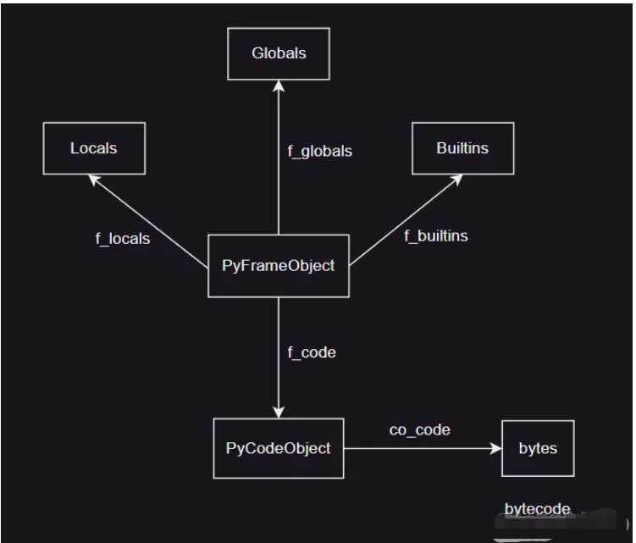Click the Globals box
pyautogui.click(x=279, y=53)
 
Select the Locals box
pyautogui.click(x=94, y=148)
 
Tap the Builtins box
pyautogui.click(x=462, y=148)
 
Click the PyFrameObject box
pyautogui.click(x=278, y=266)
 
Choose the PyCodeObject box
pyautogui.click(x=279, y=447)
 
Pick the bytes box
pyautogui.click(x=538, y=447)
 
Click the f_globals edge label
pyautogui.click(x=320, y=152)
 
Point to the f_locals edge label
pyautogui.click(x=123, y=239)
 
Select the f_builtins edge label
pyautogui.click(x=436, y=235)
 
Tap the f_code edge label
pyautogui.click(x=312, y=352)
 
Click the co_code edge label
pyautogui.click(x=420, y=430)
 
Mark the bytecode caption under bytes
pyautogui.click(x=538, y=509)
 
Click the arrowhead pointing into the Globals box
pyautogui.click(x=279, y=86)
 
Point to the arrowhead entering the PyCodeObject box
pyautogui.click(x=279, y=412)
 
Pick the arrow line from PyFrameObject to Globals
pyautogui.click(x=279, y=169)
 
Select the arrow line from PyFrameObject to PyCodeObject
pyautogui.click(x=279, y=364)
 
